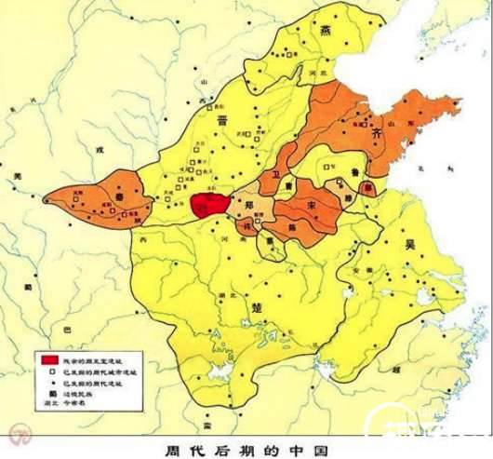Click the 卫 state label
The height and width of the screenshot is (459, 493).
click(x=276, y=175)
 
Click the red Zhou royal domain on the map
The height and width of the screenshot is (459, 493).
click(x=209, y=205)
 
